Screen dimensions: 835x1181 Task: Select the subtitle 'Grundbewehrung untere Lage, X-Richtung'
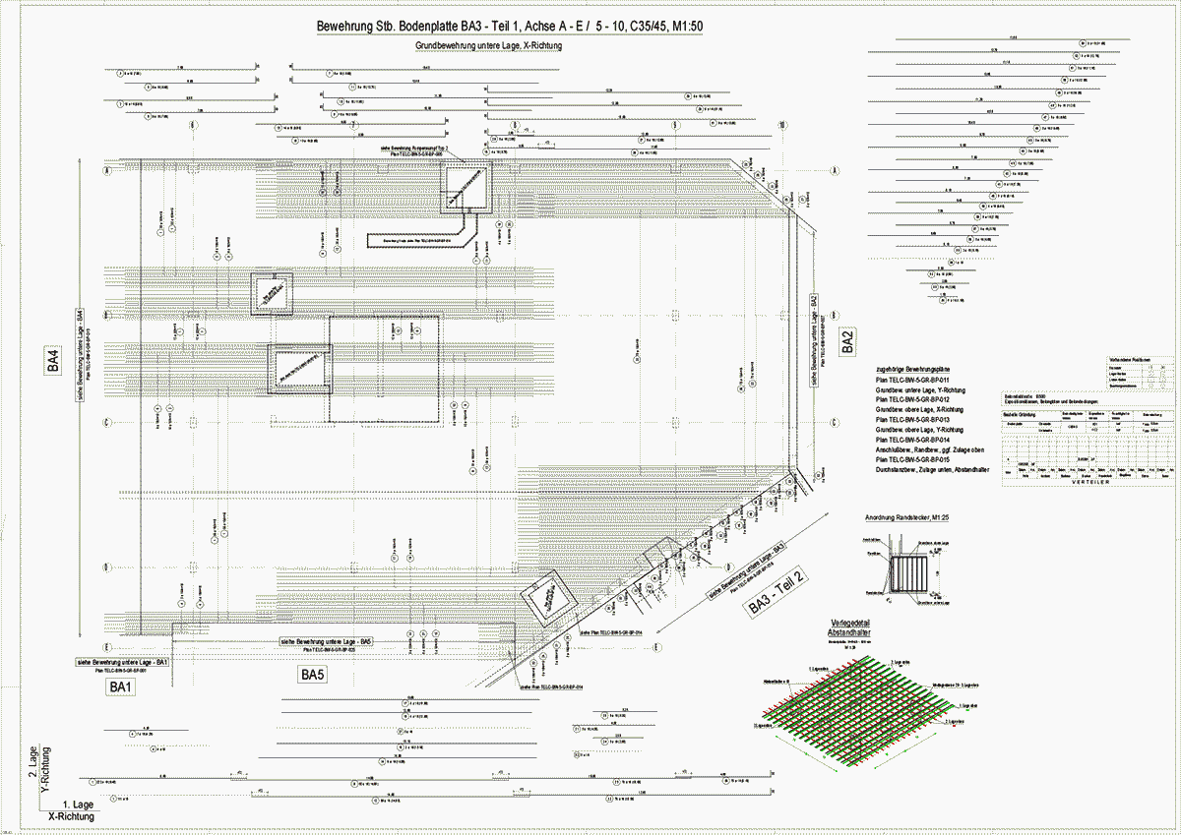(488, 46)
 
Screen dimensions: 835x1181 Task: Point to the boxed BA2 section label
(848, 341)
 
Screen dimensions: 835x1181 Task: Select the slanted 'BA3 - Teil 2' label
(777, 593)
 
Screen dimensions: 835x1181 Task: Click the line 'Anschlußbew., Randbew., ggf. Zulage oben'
(930, 449)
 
